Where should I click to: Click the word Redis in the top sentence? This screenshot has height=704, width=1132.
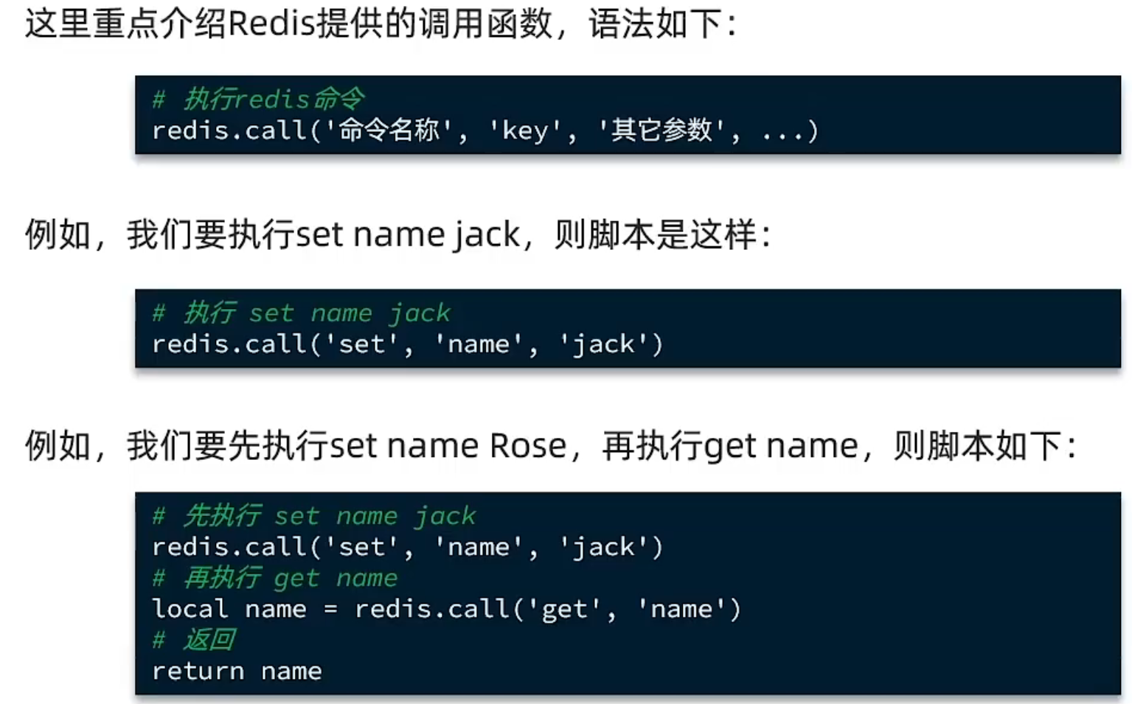272,24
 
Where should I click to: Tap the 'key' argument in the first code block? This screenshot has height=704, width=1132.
524,130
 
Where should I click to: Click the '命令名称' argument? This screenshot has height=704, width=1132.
389,130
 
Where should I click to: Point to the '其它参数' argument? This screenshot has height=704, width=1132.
662,130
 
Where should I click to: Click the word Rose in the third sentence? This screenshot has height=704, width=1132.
527,446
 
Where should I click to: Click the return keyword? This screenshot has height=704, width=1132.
198,671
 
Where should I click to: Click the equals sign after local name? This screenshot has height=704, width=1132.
330,610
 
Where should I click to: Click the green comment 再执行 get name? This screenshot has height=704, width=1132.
290,578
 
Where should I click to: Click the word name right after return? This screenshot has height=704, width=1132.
291,671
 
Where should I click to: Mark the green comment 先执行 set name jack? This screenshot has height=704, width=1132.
329,516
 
